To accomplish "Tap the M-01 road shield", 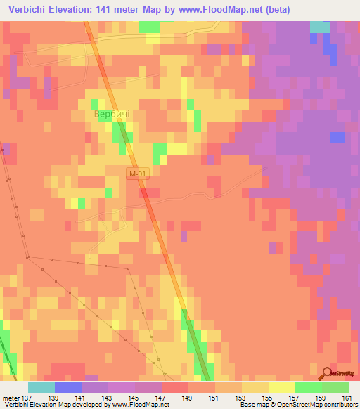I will [139, 173].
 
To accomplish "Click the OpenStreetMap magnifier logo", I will [328, 373].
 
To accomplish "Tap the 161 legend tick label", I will [348, 398].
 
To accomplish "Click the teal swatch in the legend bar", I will [41, 387].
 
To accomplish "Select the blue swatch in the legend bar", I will [68, 387].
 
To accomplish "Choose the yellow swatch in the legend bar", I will [282, 387].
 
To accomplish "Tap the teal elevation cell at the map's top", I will [320, 27].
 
